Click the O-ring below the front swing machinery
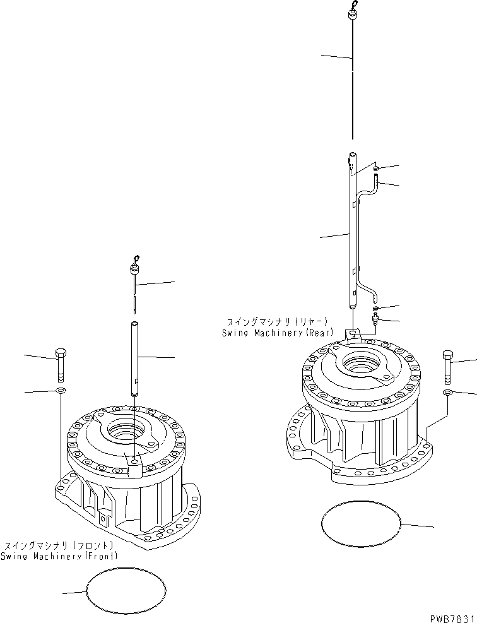pyautogui.click(x=126, y=591)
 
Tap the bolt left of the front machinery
pyautogui.click(x=61, y=365)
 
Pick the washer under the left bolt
pyautogui.click(x=60, y=393)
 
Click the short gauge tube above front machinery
pyautogui.click(x=134, y=359)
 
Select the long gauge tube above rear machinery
pyautogui.click(x=352, y=234)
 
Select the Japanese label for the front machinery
pyautogui.click(x=59, y=545)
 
